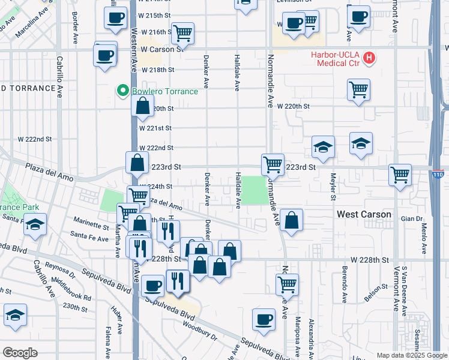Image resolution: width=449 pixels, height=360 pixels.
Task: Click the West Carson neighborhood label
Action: coord(364,214)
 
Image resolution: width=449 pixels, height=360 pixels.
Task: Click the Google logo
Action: coord(20,353)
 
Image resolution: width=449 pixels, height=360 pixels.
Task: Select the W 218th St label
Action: coord(157,70)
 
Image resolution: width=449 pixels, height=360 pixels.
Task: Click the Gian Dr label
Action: coord(412,219)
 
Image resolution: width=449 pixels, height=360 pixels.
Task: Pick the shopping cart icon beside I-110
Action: coord(400,175)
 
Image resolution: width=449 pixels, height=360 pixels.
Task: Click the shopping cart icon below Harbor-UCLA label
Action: coord(358,89)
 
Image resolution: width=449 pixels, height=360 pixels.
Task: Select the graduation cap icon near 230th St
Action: coord(15,314)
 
